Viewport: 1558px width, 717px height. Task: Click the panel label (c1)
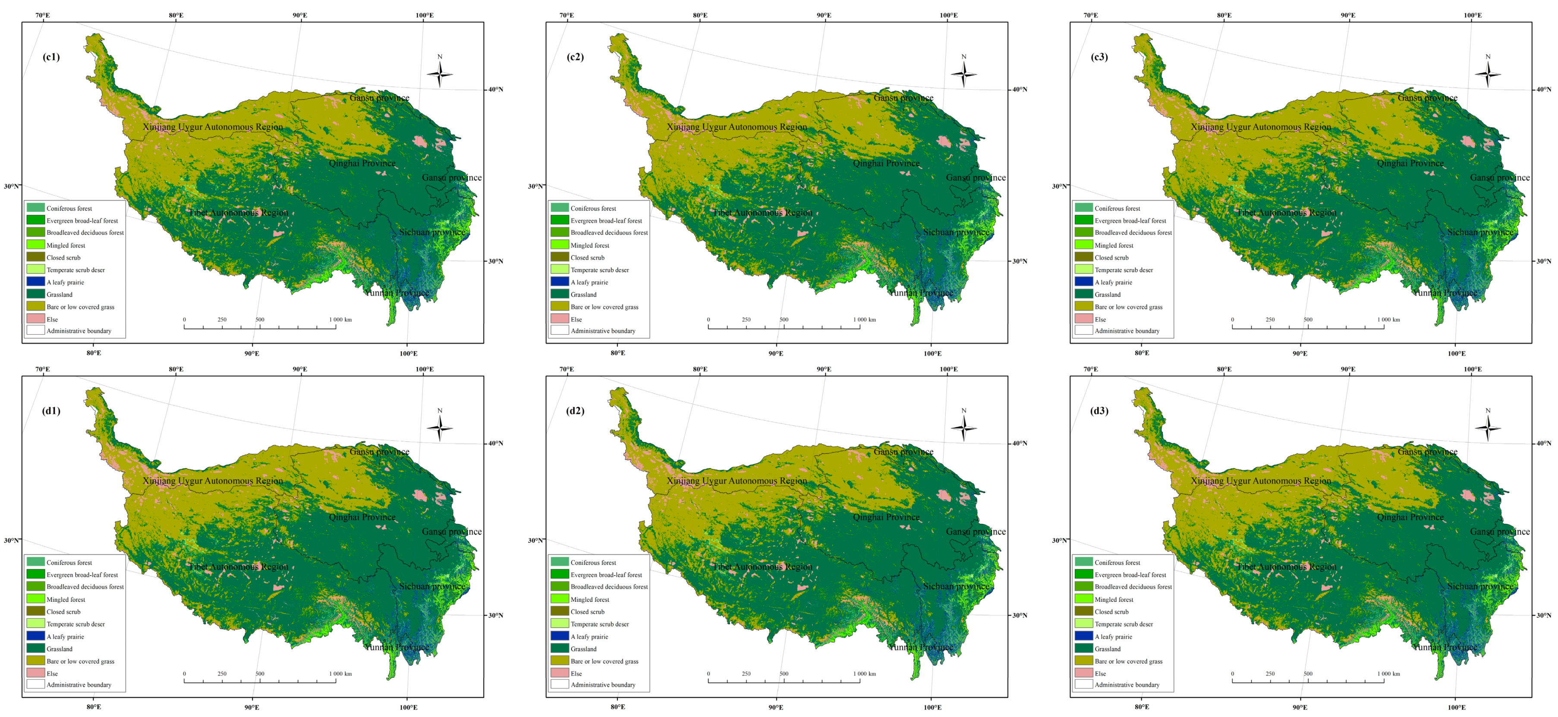pyautogui.click(x=51, y=57)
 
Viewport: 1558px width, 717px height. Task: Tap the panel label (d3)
pyautogui.click(x=1099, y=411)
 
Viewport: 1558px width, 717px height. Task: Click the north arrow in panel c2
pyautogui.click(x=963, y=72)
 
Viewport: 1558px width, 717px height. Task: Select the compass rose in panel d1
pyautogui.click(x=440, y=427)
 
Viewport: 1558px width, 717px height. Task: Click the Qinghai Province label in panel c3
pyautogui.click(x=1410, y=163)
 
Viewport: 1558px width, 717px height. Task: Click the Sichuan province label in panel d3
pyautogui.click(x=1480, y=586)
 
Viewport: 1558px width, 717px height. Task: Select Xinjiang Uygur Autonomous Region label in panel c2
pyautogui.click(x=737, y=127)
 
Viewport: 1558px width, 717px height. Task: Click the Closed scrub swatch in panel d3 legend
pyautogui.click(x=1084, y=611)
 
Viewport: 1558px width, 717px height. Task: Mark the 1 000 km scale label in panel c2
pyautogui.click(x=864, y=319)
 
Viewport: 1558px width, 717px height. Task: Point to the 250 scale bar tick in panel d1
pyautogui.click(x=222, y=673)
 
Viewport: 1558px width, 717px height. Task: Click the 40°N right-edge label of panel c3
pyautogui.click(x=1543, y=89)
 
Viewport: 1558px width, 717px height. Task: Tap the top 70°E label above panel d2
pyautogui.click(x=567, y=369)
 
